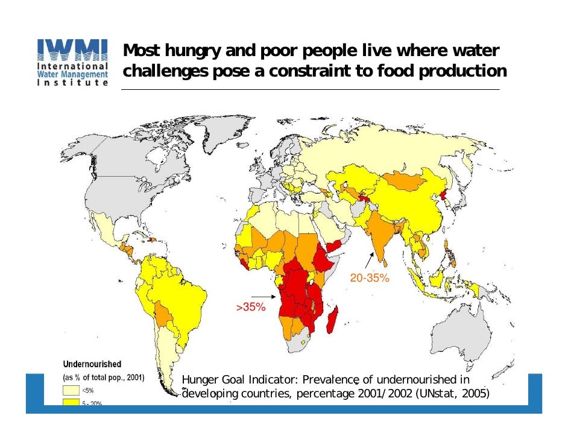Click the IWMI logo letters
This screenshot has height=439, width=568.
click(x=72, y=49)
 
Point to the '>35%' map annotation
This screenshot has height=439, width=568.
click(x=250, y=307)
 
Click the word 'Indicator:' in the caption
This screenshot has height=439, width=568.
click(x=274, y=379)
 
